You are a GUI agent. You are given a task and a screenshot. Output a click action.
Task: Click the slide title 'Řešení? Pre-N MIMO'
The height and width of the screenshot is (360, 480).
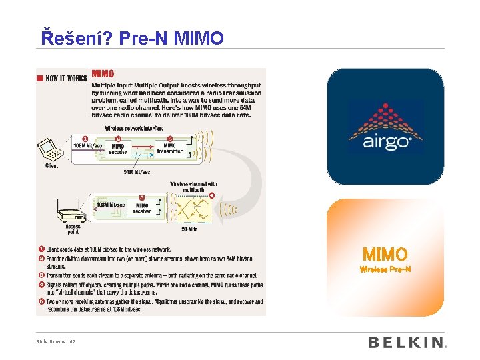click(133, 38)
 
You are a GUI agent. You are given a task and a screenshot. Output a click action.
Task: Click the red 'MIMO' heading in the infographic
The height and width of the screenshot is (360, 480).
click(103, 74)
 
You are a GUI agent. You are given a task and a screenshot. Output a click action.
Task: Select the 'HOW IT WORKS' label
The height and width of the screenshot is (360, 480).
click(66, 79)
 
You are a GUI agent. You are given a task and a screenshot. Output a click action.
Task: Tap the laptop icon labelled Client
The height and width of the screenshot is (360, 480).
click(51, 150)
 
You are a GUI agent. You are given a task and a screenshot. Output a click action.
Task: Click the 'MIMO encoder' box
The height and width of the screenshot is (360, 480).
click(117, 149)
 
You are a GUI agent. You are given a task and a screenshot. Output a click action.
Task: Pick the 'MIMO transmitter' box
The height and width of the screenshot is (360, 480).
click(169, 148)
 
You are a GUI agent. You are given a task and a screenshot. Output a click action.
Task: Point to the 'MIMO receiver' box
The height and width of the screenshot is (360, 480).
click(142, 209)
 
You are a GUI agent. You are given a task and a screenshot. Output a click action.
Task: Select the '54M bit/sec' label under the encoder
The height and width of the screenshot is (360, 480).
click(137, 172)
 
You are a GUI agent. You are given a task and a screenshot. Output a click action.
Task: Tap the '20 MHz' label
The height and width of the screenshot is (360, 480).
click(189, 229)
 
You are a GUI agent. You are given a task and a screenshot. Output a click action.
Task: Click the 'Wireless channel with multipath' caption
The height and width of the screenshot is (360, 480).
click(193, 187)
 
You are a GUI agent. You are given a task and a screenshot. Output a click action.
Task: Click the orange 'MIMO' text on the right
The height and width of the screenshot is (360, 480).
click(385, 255)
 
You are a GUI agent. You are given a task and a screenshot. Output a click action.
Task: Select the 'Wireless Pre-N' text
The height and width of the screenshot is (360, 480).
click(385, 270)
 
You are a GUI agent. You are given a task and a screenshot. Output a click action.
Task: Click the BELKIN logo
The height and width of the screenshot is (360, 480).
click(405, 343)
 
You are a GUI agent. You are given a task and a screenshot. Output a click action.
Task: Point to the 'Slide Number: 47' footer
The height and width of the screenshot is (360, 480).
click(56, 342)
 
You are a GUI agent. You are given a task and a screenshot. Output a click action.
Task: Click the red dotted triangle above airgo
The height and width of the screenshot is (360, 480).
click(385, 113)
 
